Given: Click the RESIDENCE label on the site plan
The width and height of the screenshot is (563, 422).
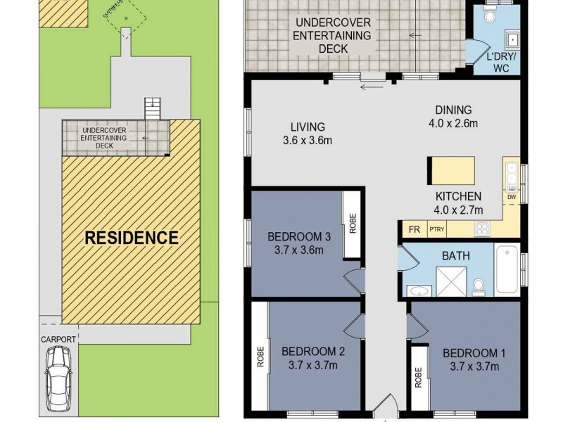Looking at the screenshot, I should [132, 238].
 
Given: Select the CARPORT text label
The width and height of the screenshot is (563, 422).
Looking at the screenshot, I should [58, 340].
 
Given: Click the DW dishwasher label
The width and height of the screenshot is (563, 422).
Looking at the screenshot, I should [511, 198].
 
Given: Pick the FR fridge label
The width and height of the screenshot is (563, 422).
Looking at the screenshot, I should [415, 229].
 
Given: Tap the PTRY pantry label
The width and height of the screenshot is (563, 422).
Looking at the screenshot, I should [437, 229].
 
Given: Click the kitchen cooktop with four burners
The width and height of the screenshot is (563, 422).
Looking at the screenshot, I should [483, 228].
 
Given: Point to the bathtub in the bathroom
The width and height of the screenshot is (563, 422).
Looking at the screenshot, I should [507, 269].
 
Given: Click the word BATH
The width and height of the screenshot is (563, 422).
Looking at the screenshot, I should [455, 256].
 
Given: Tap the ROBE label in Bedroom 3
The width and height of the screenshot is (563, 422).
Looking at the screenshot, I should [353, 224].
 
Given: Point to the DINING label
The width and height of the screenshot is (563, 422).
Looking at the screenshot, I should [453, 110].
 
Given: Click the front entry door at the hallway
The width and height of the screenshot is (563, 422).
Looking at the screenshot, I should [384, 409].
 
